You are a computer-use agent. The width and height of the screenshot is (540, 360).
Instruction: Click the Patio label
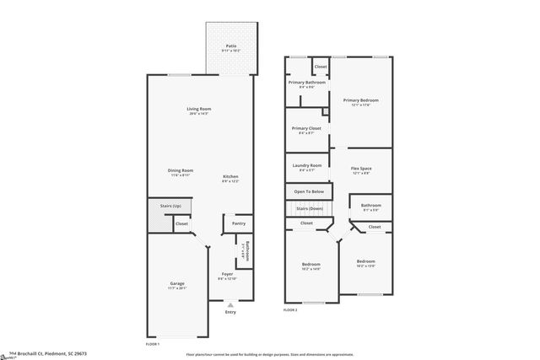[x=229, y=46]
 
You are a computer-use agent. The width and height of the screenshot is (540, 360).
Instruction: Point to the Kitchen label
[x=230, y=176]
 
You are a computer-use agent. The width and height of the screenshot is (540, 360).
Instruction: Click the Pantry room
[x=239, y=223]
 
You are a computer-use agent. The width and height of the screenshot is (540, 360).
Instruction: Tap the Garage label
[x=177, y=283]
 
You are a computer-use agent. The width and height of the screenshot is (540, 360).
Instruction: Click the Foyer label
[x=227, y=274]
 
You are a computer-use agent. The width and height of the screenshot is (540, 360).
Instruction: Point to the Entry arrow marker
[x=230, y=305]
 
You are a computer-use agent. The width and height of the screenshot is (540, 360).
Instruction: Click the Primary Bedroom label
[x=360, y=100]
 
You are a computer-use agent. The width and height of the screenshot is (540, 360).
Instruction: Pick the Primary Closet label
[x=306, y=128]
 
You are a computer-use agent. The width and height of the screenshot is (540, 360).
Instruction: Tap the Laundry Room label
[x=306, y=165]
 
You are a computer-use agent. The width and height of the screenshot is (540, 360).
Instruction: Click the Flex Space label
[x=360, y=169]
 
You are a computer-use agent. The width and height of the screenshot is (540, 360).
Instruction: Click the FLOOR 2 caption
[x=290, y=310]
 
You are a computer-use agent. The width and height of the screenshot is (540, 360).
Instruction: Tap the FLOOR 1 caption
[x=153, y=343]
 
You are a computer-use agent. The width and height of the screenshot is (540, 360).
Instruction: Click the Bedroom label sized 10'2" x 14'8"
[x=311, y=265]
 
